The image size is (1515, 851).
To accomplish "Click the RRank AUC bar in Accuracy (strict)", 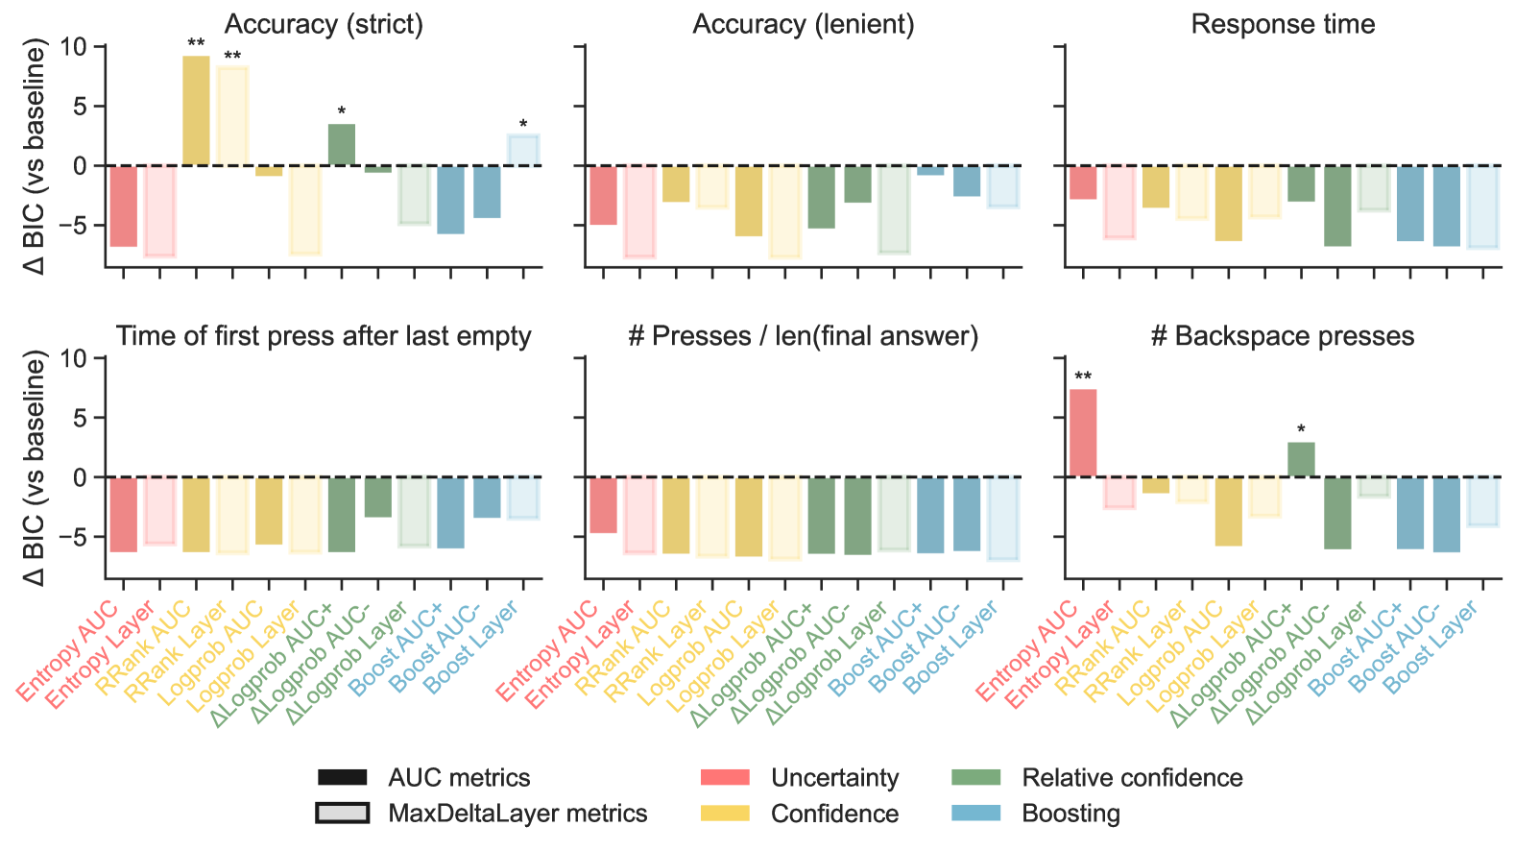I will pos(196,110).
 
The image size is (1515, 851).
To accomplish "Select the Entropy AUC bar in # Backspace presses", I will pos(1083,432).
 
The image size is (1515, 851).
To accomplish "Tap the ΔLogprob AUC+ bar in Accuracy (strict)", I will pos(342,145).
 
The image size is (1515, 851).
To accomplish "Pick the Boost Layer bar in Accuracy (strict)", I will pos(523,150).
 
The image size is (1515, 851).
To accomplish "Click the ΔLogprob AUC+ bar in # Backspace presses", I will pos(1301,459).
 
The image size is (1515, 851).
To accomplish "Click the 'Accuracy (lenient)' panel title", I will pos(804,24).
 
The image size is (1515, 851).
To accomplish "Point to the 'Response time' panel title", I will pos(1283,24).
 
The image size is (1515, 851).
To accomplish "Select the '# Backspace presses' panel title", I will pos(1283,336).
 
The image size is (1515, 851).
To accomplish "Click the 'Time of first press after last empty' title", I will pos(324,336).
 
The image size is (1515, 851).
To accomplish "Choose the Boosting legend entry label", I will pos(1070,814).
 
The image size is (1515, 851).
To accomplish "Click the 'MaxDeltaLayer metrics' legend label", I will pos(517,814).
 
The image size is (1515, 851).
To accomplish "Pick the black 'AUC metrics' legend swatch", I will pos(342,777).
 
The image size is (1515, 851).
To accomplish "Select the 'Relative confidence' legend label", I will pos(1132,777).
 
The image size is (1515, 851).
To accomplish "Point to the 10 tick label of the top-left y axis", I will pos(73,46).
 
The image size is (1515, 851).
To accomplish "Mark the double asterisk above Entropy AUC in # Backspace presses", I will pos(1083,377).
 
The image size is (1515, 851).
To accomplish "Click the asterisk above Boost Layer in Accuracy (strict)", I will pos(523,125).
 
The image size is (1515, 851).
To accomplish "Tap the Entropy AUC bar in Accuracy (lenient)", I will pos(603,195).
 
